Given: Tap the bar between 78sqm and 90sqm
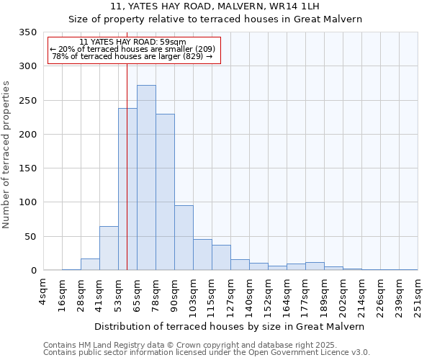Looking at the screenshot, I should [x=165, y=192].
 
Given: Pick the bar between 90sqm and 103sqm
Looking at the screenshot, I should [x=184, y=238].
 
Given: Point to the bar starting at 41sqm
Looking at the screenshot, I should [x=109, y=248].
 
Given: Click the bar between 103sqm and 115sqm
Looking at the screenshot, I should [x=202, y=255].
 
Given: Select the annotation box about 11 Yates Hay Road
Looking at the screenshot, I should [x=133, y=50].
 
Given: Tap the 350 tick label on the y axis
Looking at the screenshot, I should [x=28, y=32].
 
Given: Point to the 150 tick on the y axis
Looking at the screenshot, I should [x=28, y=168].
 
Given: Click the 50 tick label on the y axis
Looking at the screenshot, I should [x=30, y=237].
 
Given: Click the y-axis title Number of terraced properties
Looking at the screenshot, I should [x=6, y=155].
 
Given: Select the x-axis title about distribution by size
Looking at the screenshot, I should [x=230, y=326].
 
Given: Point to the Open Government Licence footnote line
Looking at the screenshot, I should [x=206, y=353].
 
